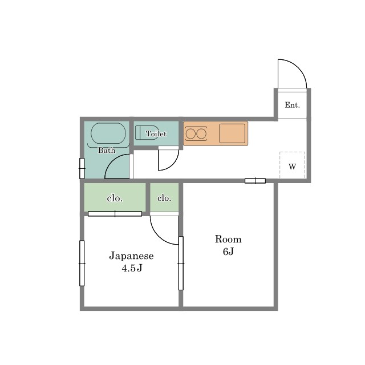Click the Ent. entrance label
tap(292, 105)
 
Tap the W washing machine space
tap(292, 165)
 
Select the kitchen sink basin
tap(232, 133)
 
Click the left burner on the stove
tap(190, 134)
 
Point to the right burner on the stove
tap(201, 134)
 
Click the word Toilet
tap(156, 133)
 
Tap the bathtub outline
tap(108, 133)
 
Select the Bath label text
tap(107, 150)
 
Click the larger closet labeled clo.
tap(115, 197)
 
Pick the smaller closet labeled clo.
tap(164, 197)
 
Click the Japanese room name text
tap(132, 256)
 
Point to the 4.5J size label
tap(132, 269)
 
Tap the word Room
tap(228, 239)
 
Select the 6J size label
tap(228, 252)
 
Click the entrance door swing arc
tap(299, 67)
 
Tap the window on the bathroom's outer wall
tap(82, 168)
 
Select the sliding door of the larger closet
tap(115, 214)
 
